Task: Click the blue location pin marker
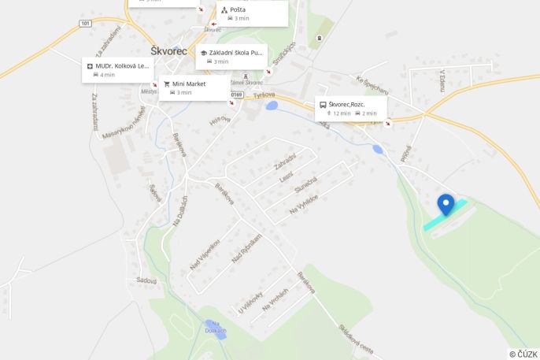446,204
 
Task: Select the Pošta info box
252,13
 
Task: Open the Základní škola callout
231,56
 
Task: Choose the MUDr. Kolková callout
118,69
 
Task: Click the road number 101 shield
85,24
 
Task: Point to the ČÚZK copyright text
523,354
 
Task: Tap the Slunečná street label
305,188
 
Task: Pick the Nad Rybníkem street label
246,249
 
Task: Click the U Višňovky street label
250,303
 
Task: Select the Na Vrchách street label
276,299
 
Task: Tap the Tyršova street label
264,95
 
